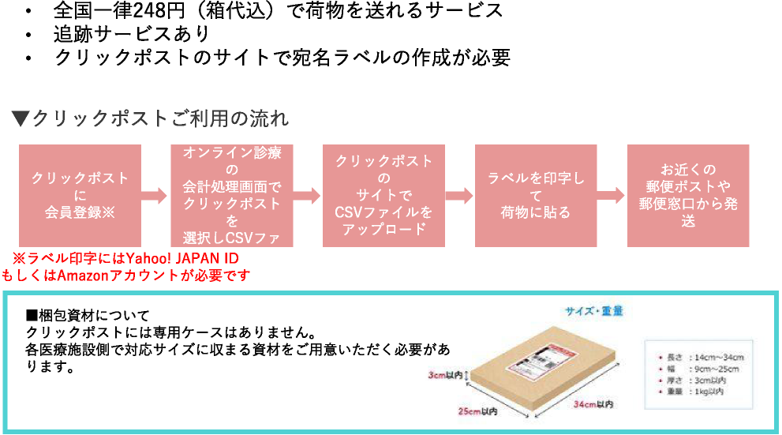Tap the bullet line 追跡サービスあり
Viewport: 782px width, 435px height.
point(131,34)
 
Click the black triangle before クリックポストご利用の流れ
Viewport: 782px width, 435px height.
point(20,119)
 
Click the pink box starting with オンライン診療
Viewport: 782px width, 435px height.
point(231,195)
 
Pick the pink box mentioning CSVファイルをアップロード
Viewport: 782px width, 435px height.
point(384,195)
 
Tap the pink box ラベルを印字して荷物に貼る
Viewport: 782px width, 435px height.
point(536,195)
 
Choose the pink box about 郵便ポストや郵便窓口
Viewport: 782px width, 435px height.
point(688,195)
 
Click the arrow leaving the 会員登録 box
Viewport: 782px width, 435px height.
point(155,196)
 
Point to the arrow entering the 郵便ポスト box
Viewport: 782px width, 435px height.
point(611,196)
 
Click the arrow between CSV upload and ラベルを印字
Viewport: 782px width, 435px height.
point(459,196)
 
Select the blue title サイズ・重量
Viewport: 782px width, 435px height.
point(593,311)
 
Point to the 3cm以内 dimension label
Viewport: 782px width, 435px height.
point(446,375)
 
